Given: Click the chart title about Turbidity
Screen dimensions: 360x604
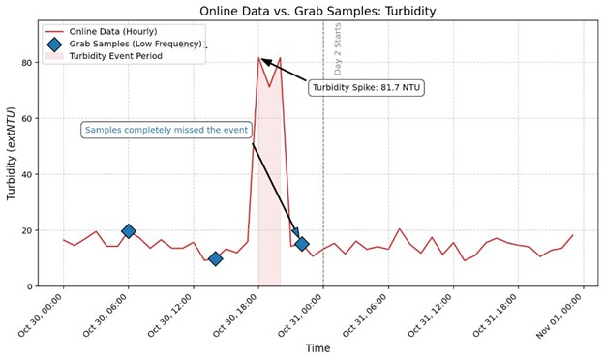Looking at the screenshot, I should pos(317,11).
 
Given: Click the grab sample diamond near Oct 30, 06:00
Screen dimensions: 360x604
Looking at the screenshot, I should pos(129,231).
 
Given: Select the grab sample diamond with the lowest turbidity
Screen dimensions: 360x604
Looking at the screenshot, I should pos(215,258).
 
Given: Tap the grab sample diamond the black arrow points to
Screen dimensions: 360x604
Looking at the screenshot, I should pos(301,244).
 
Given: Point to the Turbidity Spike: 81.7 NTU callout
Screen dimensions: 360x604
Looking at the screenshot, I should pos(367,88).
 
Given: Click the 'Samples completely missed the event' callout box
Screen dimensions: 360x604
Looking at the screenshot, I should pos(166,130).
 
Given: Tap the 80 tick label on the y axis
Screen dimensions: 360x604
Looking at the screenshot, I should pos(29,63).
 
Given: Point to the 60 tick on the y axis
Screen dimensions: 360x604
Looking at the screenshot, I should pos(29,119).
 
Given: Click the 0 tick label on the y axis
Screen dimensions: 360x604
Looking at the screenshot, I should pos(32,286).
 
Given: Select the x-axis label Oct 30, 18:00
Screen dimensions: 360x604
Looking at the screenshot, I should pos(234,314).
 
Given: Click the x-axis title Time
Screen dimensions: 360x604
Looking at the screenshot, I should pos(317,348).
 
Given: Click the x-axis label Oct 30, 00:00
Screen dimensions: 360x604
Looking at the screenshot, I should pos(41,314).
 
